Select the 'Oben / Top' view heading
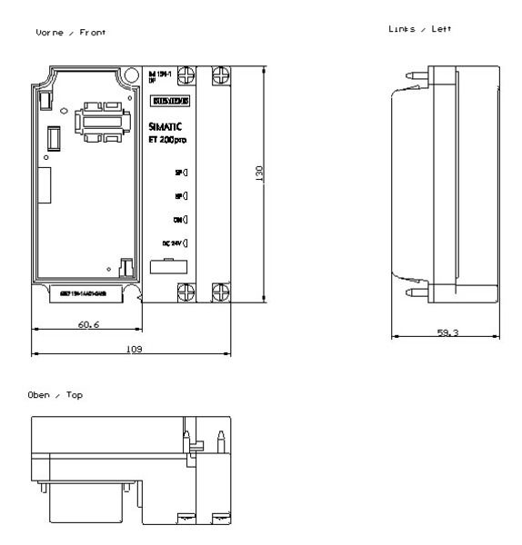[x=57, y=395]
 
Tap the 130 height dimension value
[x=259, y=173]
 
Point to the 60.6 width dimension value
[x=88, y=324]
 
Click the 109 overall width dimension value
[x=133, y=349]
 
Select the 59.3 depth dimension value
[x=447, y=333]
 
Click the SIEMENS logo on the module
[x=168, y=99]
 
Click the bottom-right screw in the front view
[x=219, y=292]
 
